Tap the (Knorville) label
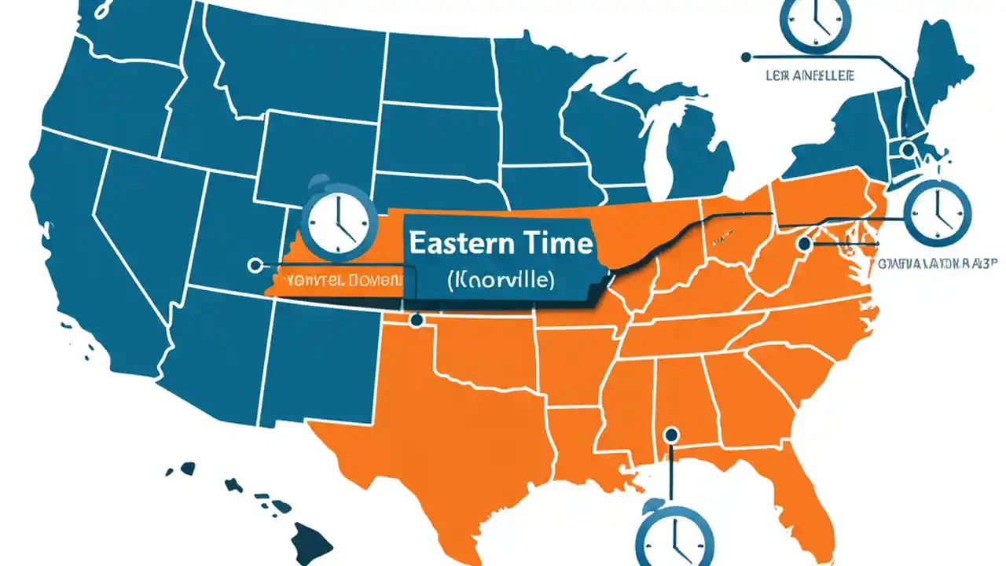click(499, 280)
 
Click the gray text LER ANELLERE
click(810, 75)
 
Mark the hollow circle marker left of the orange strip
click(254, 266)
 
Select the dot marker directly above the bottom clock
click(670, 433)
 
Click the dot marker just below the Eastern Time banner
click(416, 320)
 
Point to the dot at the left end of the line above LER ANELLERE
click(746, 57)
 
